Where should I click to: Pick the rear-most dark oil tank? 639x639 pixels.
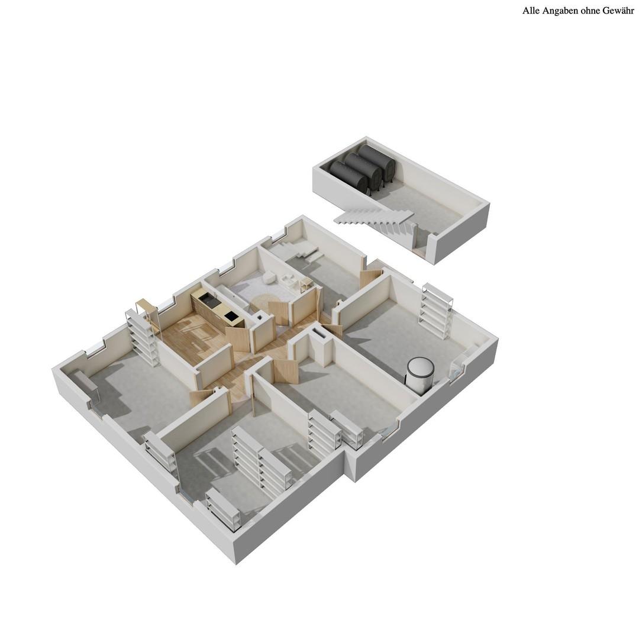pyautogui.click(x=376, y=160)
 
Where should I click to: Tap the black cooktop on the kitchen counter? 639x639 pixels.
pyautogui.click(x=231, y=316)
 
